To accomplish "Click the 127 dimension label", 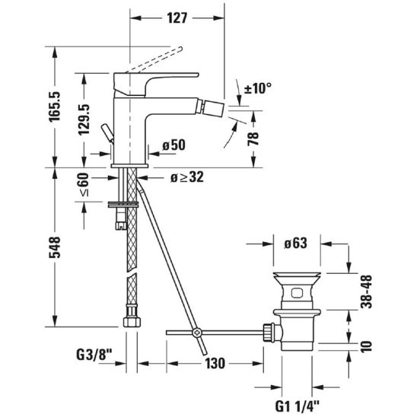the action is tap(177, 18).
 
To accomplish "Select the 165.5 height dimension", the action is tap(55, 107).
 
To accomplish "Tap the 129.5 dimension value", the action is tap(84, 119).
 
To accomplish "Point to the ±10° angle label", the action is tap(258, 88).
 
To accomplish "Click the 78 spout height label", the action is tap(253, 138).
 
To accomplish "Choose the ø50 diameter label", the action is tap(174, 145).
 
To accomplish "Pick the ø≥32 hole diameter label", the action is tap(187, 177).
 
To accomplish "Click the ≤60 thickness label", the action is tap(84, 185).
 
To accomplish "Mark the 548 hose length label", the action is tap(55, 247).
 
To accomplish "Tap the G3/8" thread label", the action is tap(94, 355).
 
